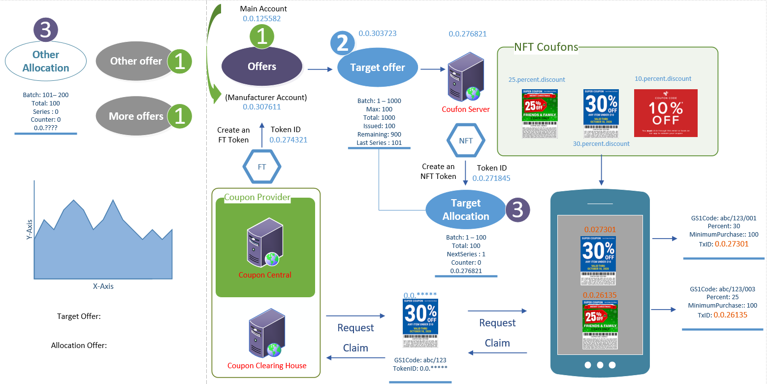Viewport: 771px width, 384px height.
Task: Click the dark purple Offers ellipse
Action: tap(262, 67)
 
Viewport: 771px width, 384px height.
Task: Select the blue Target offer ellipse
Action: tap(378, 68)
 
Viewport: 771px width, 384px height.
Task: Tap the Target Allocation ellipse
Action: tap(465, 209)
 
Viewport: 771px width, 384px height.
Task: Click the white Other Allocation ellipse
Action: tap(46, 61)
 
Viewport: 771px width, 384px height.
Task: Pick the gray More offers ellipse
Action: tap(136, 116)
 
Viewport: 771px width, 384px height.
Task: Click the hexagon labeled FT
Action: tap(262, 167)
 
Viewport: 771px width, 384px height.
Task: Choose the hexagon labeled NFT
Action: tap(466, 141)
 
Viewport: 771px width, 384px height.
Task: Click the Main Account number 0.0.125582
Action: tap(262, 19)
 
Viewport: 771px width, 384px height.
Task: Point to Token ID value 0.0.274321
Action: tap(289, 140)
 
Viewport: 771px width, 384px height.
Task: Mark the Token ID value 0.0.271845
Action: tap(491, 178)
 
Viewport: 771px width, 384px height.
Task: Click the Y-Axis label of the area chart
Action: tap(29, 230)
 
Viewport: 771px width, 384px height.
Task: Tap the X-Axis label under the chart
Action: tap(103, 286)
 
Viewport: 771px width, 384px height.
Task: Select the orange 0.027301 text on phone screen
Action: tap(599, 230)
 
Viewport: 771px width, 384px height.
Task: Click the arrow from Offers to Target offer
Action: tap(320, 70)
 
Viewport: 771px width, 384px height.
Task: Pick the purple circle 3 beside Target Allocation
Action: tap(518, 209)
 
